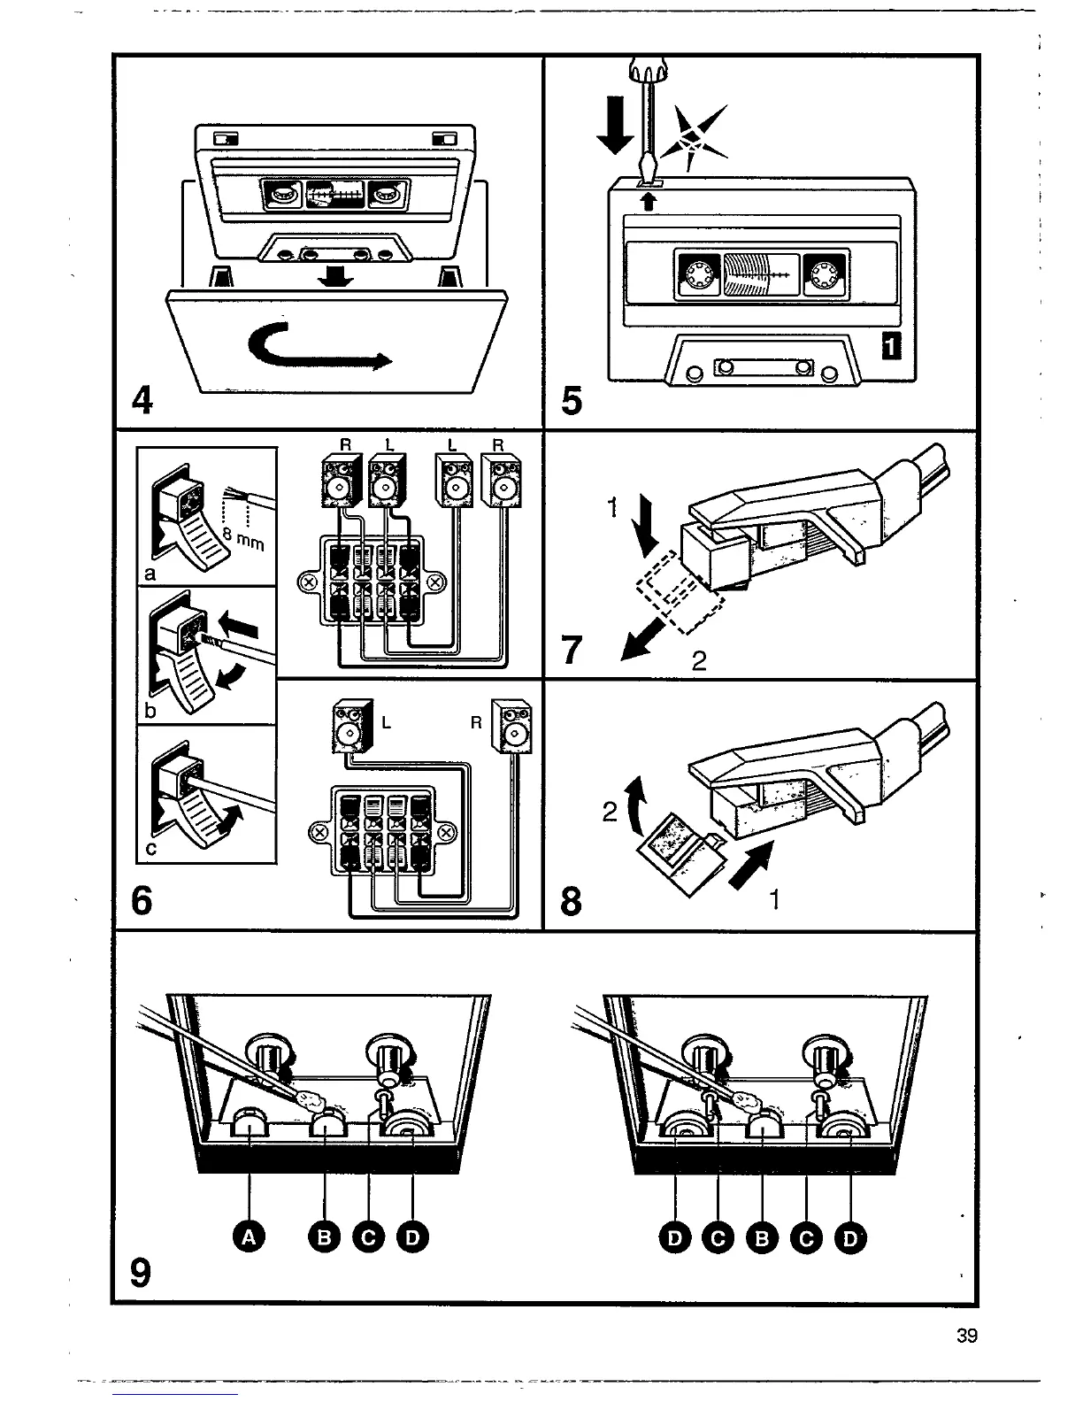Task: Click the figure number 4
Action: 141,400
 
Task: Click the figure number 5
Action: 572,400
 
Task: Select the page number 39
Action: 967,1337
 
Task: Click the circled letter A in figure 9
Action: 250,1237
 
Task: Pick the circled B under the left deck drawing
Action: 325,1237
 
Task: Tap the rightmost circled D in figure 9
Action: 850,1237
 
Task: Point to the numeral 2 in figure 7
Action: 698,661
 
